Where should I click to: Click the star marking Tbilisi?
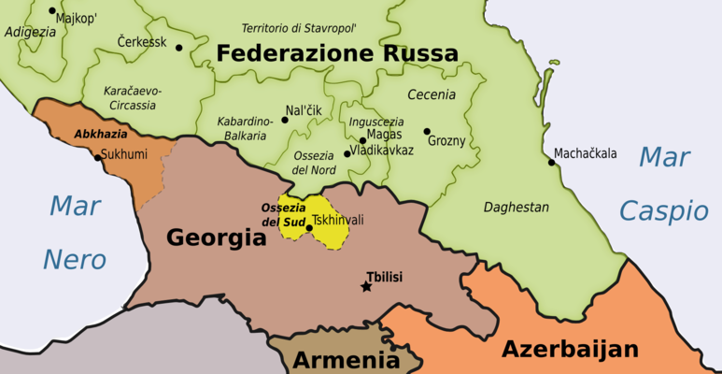point(365,286)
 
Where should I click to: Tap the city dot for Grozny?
point(427,132)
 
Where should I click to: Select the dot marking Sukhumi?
point(97,157)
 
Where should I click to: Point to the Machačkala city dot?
point(551,162)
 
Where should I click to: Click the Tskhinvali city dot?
point(309,227)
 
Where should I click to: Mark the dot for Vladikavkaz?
point(347,154)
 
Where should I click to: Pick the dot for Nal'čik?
point(284,120)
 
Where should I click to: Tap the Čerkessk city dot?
point(179,48)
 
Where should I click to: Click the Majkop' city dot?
point(51,10)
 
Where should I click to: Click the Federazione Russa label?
point(337,53)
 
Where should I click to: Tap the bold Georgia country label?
point(216,237)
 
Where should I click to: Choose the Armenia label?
point(347,360)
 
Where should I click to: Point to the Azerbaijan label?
point(570,350)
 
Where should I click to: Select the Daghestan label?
point(516,207)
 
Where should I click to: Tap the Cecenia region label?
point(431,94)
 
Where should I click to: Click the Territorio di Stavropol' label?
point(299,28)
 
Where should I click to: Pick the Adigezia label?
point(30,31)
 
